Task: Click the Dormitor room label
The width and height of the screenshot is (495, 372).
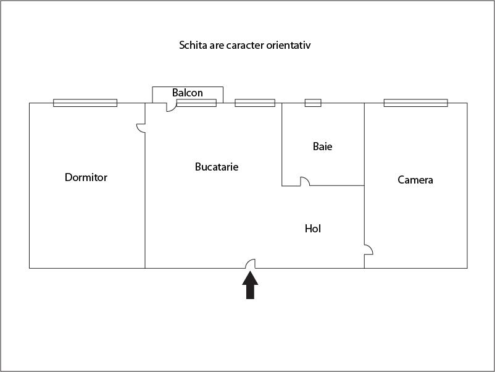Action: point(86,177)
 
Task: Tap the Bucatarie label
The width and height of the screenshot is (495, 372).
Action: point(217,167)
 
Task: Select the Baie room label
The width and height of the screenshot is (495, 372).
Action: point(322,146)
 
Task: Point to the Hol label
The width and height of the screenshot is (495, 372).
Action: point(313,229)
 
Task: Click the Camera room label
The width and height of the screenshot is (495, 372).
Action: point(415,180)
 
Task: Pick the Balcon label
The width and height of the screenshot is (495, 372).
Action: point(187,93)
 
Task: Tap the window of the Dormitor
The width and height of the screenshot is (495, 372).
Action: point(85,103)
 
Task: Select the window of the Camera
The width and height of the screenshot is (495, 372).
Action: point(415,103)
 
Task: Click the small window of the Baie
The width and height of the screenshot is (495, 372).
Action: point(313,103)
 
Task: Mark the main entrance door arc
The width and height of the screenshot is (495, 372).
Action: point(251,263)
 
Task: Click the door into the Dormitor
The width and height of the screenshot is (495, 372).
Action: point(141,127)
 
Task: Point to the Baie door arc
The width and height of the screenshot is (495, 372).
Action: point(304,181)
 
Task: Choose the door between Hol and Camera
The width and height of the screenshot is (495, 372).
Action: point(368,250)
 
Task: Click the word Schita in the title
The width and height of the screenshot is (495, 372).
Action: point(193,45)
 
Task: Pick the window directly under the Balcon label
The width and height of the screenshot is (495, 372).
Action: point(196,103)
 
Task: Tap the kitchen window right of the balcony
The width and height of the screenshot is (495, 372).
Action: point(255,103)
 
